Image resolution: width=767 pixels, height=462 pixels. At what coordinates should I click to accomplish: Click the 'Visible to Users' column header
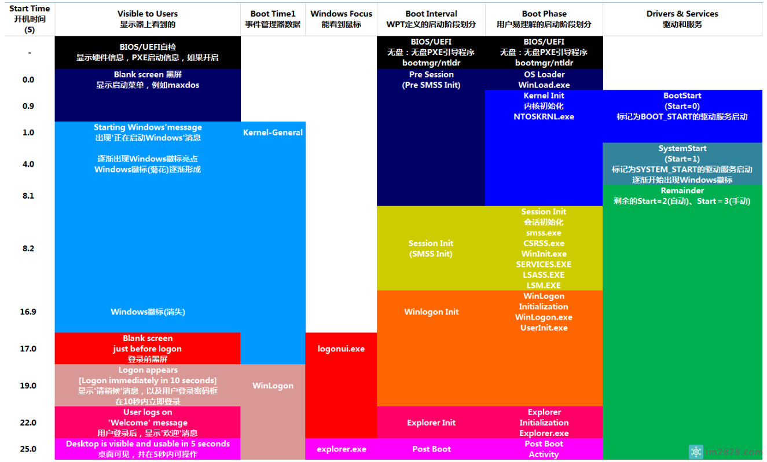coord(148,14)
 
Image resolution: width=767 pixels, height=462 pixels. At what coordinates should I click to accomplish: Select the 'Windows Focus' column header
coord(341,14)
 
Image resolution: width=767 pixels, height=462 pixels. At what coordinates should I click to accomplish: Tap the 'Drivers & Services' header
coord(682,14)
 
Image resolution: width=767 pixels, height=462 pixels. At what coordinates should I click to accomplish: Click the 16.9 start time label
coord(28,312)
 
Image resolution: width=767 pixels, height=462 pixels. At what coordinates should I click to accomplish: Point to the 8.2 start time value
coord(28,248)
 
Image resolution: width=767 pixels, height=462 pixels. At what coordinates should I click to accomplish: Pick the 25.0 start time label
coord(28,449)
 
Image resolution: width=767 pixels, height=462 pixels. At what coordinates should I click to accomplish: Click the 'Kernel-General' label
coord(273,133)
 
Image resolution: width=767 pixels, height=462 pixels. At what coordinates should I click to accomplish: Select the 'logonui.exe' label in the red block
coord(341,349)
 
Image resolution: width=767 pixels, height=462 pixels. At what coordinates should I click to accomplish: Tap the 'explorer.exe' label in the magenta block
coord(341,449)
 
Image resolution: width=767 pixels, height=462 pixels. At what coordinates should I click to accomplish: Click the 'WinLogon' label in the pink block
coord(273,386)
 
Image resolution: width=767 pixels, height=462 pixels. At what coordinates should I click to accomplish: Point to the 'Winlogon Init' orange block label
coord(431,312)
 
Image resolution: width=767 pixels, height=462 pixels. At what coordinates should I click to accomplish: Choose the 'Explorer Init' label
coord(431,423)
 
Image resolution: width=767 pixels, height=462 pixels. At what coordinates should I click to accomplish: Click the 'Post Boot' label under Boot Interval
coord(431,449)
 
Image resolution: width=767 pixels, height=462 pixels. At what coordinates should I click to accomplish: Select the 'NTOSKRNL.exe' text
coord(544,117)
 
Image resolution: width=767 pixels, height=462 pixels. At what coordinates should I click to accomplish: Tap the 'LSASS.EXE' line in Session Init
coord(544,275)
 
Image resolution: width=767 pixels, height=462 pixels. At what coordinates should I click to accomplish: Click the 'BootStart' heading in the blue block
coord(682,96)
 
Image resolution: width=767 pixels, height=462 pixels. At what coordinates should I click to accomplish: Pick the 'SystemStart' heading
coord(682,149)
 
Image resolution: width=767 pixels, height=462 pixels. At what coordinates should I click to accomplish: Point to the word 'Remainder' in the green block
coord(682,190)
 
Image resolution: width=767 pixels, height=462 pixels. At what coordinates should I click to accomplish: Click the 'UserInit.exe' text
coord(544,328)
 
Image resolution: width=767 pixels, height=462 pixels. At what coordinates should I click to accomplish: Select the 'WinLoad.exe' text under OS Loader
coord(544,85)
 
